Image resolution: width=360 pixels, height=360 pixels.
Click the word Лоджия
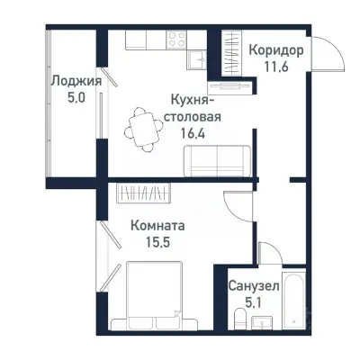[x=75, y=80]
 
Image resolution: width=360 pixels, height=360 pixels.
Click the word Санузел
[x=253, y=285]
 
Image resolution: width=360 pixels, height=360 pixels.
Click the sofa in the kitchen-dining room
[x=216, y=161]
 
